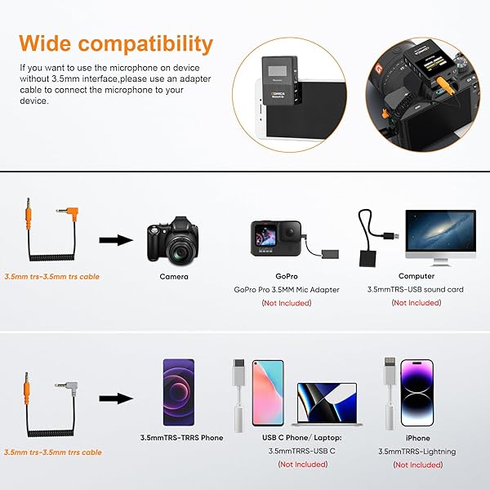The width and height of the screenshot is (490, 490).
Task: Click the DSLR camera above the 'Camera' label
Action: pyautogui.click(x=173, y=238)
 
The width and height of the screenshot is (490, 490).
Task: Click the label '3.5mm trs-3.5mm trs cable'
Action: pyautogui.click(x=51, y=277)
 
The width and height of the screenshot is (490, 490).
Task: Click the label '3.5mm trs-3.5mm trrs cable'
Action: pyautogui.click(x=53, y=452)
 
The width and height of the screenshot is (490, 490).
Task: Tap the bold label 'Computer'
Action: pyautogui.click(x=416, y=277)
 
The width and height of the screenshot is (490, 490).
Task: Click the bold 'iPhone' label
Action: pyautogui.click(x=416, y=439)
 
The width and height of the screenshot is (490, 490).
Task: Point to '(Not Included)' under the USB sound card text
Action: pyautogui.click(x=416, y=303)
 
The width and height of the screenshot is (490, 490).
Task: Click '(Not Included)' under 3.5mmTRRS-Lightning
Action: pyautogui.click(x=416, y=465)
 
